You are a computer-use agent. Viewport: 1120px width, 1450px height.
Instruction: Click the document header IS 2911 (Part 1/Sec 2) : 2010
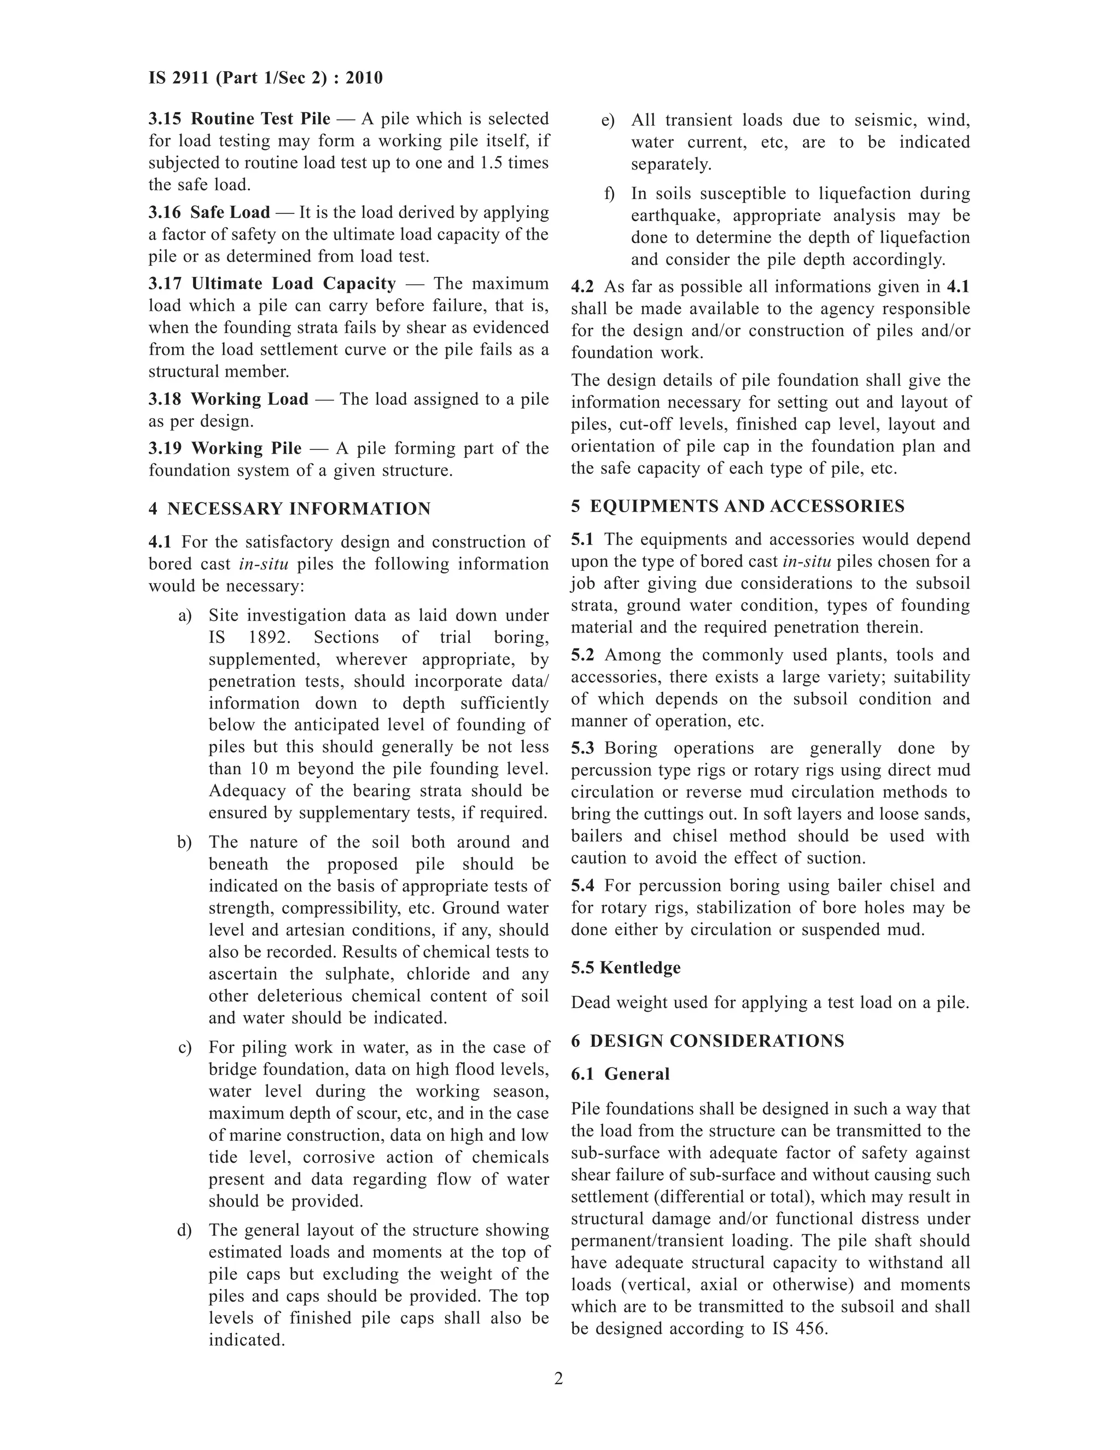(265, 78)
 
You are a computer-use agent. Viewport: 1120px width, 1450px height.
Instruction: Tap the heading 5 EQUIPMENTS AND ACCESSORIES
(737, 506)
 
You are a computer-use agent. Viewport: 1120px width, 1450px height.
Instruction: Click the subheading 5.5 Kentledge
(626, 967)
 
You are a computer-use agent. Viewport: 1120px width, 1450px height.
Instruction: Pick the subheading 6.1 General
(620, 1074)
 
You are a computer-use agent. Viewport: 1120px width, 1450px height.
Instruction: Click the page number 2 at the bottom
(559, 1379)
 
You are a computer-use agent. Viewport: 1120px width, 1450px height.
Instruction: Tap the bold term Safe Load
(230, 212)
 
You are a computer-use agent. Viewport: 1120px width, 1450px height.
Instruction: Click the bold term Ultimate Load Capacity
(293, 283)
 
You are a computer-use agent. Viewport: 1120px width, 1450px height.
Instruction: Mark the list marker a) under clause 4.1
(185, 616)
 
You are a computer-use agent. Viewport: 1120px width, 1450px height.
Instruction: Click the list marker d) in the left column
(184, 1230)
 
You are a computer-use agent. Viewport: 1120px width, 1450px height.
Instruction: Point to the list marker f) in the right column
(609, 194)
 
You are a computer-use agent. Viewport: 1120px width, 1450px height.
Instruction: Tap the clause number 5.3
(582, 748)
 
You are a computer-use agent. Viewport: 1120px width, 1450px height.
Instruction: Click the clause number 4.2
(582, 287)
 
